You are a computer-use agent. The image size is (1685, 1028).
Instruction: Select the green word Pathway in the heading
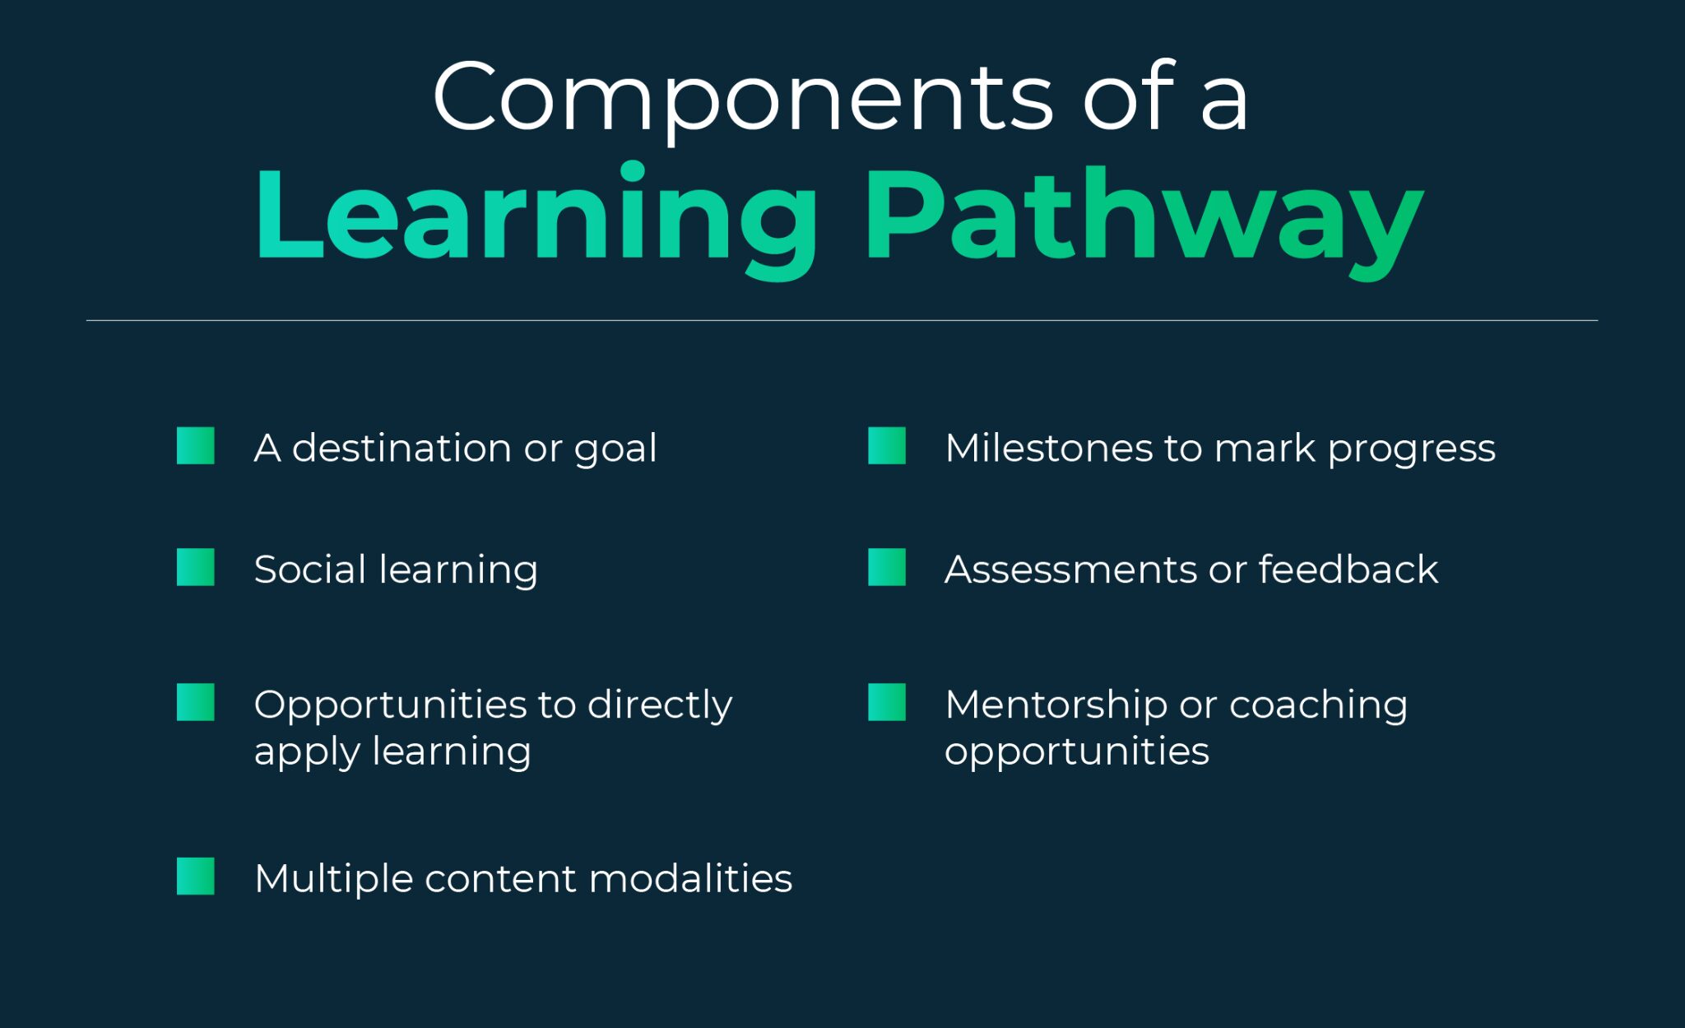(1143, 216)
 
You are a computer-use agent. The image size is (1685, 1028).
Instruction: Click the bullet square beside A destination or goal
(196, 446)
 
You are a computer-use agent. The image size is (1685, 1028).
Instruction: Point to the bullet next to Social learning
(196, 568)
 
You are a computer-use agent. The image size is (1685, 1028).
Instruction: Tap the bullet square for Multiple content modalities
(196, 877)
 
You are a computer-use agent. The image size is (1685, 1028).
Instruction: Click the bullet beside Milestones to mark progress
(887, 446)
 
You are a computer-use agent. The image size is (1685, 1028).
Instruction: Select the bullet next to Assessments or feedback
(887, 568)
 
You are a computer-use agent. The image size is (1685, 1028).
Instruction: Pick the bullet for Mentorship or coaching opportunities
(887, 703)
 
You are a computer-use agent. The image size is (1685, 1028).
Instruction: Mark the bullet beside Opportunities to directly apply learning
(196, 703)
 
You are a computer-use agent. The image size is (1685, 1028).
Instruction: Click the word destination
(402, 449)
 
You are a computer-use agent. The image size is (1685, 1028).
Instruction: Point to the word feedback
(1348, 570)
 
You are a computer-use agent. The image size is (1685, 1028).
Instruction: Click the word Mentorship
(1056, 705)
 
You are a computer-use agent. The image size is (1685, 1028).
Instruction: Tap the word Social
(310, 570)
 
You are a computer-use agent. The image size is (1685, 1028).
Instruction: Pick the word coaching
(1318, 705)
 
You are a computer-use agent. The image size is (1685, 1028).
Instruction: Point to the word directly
(659, 705)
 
